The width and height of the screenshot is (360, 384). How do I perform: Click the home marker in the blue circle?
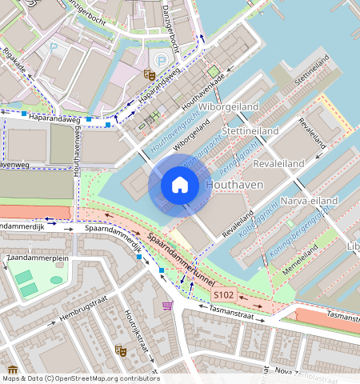click(180, 186)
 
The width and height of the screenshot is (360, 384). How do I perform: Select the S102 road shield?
click(223, 296)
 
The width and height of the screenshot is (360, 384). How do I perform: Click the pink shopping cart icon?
click(167, 305)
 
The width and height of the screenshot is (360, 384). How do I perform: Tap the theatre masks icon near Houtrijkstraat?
click(120, 350)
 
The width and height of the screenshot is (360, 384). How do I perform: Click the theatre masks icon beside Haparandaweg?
click(148, 74)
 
